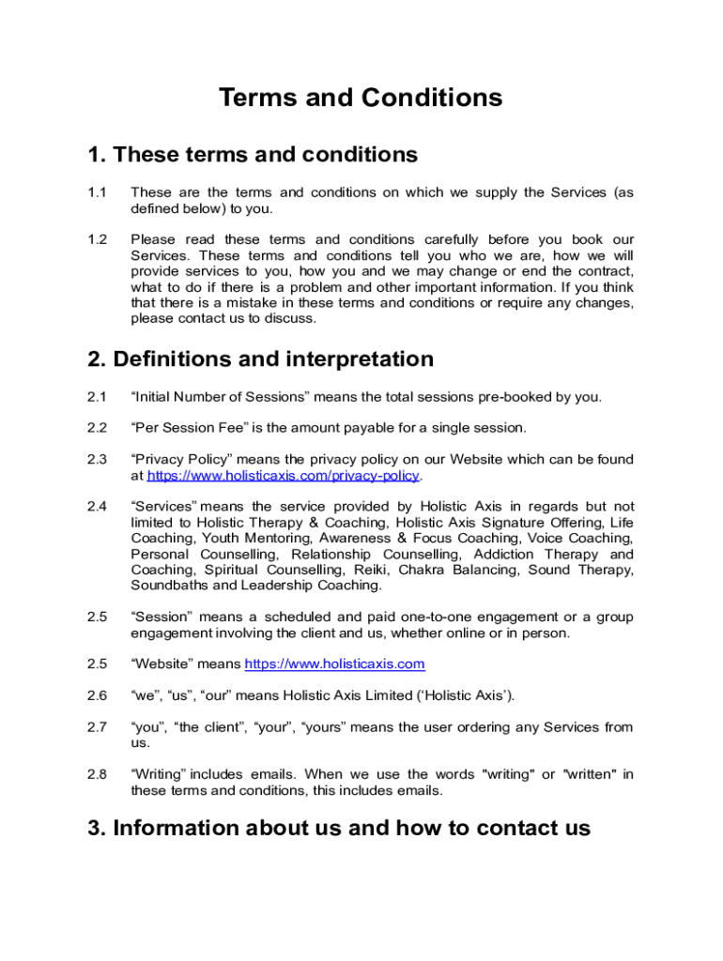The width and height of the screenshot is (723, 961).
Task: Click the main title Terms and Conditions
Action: click(x=361, y=98)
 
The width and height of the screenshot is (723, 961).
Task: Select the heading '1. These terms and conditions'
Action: click(x=253, y=154)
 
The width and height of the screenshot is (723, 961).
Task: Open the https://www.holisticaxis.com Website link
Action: click(x=334, y=664)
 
